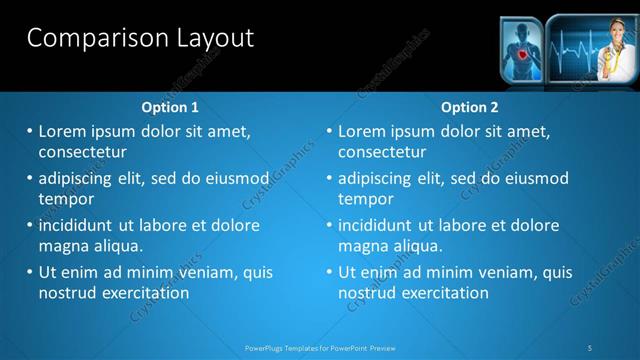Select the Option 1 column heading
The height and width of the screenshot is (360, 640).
click(x=169, y=107)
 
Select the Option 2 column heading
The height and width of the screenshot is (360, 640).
click(x=469, y=107)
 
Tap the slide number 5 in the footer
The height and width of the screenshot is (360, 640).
click(x=590, y=348)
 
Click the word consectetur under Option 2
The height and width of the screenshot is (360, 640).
click(x=382, y=152)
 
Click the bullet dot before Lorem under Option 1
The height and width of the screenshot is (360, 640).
click(x=30, y=131)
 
